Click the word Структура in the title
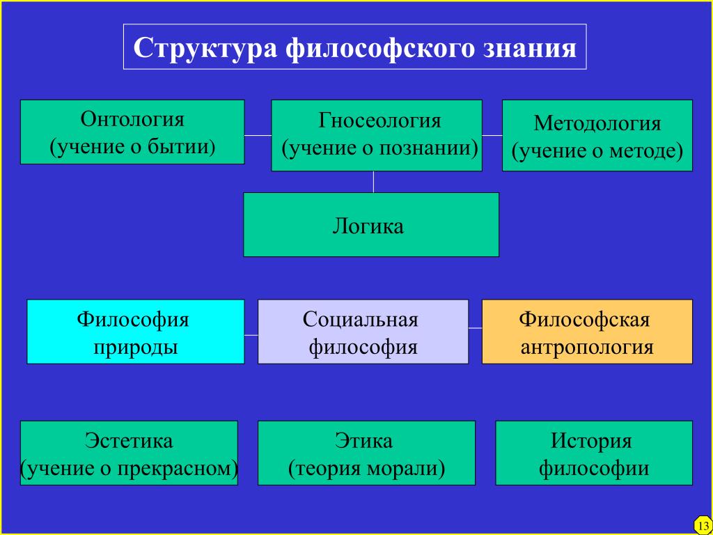pos(205,48)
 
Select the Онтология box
pos(132,132)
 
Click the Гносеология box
pos(377,136)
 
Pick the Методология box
pos(597,136)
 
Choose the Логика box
pos(371,225)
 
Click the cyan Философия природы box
pos(136,332)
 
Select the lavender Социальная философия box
pos(363,332)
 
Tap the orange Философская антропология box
pos(587,332)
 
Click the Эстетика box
pos(129,453)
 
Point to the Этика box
pos(366,453)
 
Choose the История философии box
pos(594,453)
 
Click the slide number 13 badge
pos(703,525)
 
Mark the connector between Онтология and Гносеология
pos(258,135)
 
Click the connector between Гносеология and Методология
pos(492,135)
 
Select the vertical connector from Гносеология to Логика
pos(373,182)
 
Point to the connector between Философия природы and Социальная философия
pos(251,335)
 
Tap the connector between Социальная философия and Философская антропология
pos(475,327)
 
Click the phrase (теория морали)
pos(366,469)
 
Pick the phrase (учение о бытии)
pos(132,148)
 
